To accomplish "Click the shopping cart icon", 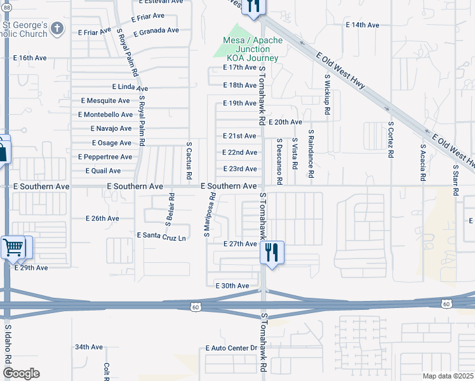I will pyautogui.click(x=13, y=246).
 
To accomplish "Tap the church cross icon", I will pyautogui.click(x=57, y=29).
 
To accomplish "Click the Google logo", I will pyautogui.click(x=21, y=373).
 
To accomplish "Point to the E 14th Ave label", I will pyautogui.click(x=363, y=25).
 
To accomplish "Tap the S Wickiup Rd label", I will pyautogui.click(x=326, y=95).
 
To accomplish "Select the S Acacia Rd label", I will pyautogui.click(x=422, y=163).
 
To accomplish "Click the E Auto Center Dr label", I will pyautogui.click(x=231, y=348).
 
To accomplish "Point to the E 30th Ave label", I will pyautogui.click(x=232, y=286).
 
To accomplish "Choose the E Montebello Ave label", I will pyautogui.click(x=105, y=114).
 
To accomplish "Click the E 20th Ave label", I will pyautogui.click(x=286, y=122).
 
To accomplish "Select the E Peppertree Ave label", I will pyautogui.click(x=105, y=157).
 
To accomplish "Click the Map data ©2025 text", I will pyautogui.click(x=448, y=376).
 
